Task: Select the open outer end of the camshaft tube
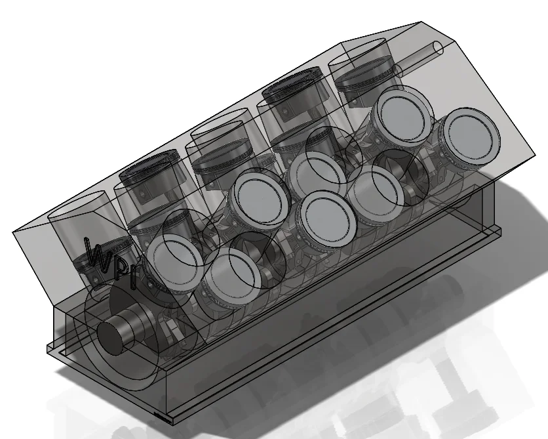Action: pyautogui.click(x=437, y=49)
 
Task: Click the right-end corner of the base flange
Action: pyautogui.click(x=501, y=229)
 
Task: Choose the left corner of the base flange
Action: pyautogui.click(x=48, y=348)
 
